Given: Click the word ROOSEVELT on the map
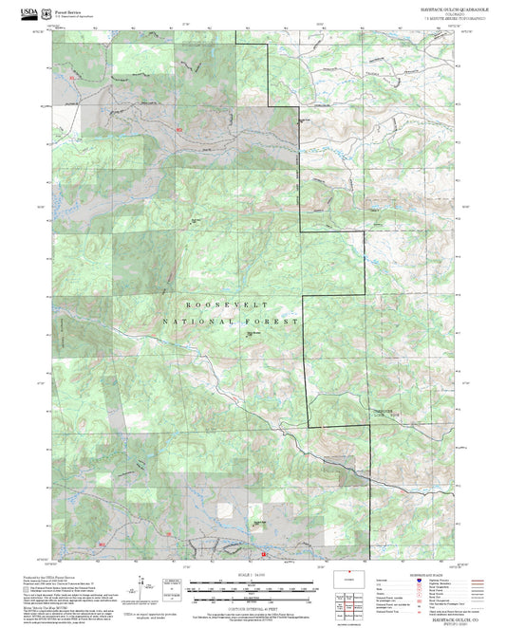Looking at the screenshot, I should [226, 305].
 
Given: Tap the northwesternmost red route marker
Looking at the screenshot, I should [70, 77].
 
